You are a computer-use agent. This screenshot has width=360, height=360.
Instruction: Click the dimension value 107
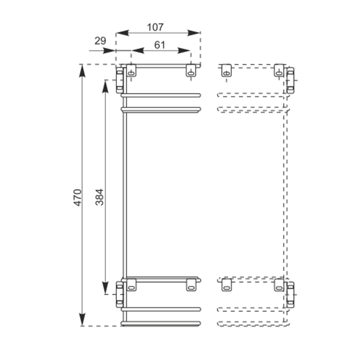pyautogui.click(x=155, y=27)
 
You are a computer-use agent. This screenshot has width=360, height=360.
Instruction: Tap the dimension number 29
pyautogui.click(x=100, y=41)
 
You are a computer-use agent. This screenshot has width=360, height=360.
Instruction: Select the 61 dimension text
pyautogui.click(x=159, y=45)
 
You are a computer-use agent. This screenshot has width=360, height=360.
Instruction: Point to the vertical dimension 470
pyautogui.click(x=78, y=197)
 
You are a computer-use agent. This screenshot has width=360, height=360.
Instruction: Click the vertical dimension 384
pyautogui.click(x=100, y=197)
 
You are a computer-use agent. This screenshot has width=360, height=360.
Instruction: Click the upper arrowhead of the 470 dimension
pyautogui.click(x=82, y=71)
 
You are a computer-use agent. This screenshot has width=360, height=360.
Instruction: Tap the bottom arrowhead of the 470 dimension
pyautogui.click(x=82, y=319)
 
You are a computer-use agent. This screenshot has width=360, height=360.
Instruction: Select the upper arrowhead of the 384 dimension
pyautogui.click(x=105, y=86)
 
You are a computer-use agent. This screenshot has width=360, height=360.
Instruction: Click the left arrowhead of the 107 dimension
pyautogui.click(x=122, y=33)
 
